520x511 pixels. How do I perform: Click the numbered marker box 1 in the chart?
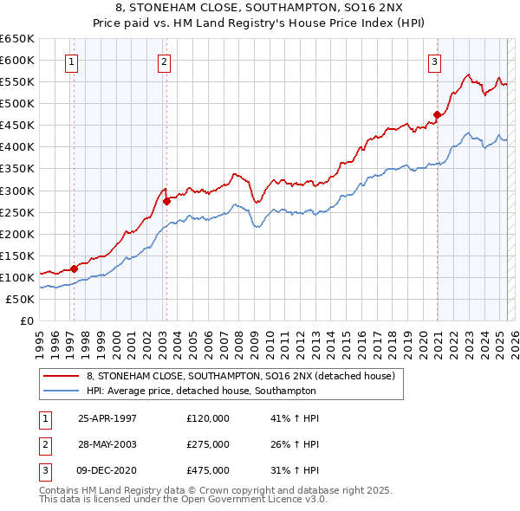pyautogui.click(x=70, y=61)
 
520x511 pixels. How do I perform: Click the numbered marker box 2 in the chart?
pyautogui.click(x=164, y=61)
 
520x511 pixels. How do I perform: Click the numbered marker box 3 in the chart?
pyautogui.click(x=434, y=61)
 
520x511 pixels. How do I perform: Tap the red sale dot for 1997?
pyautogui.click(x=75, y=268)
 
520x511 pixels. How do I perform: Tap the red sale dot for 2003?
pyautogui.click(x=166, y=201)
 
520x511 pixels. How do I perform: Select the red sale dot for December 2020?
pyautogui.click(x=438, y=113)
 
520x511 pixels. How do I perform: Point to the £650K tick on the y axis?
pyautogui.click(x=17, y=39)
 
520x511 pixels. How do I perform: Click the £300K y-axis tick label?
pyautogui.click(x=17, y=191)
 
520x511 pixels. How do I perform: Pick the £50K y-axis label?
pyautogui.click(x=21, y=299)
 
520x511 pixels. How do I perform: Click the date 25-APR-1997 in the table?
pyautogui.click(x=107, y=418)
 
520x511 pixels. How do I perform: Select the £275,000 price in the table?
pyautogui.click(x=208, y=444)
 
